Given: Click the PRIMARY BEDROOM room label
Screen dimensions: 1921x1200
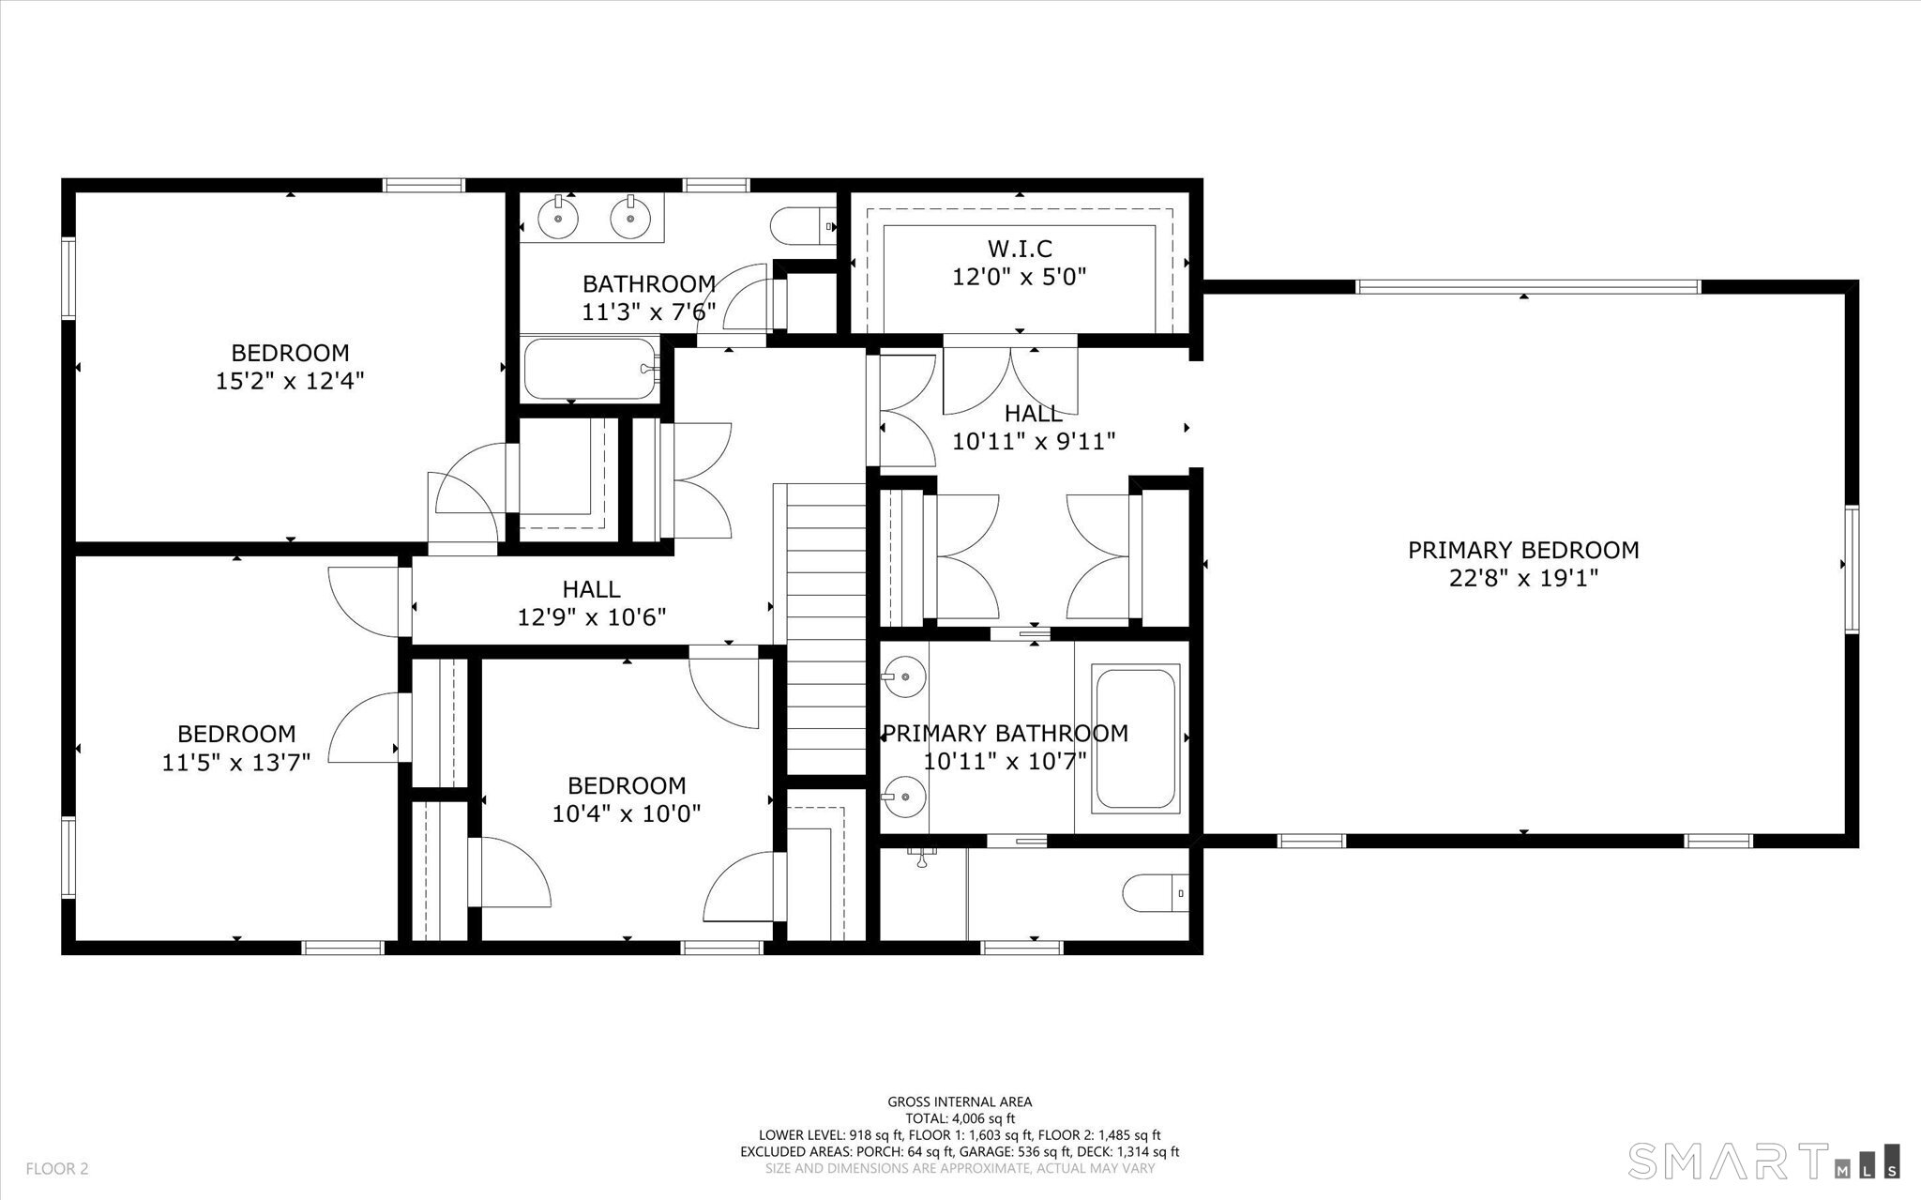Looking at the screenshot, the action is click(x=1523, y=550).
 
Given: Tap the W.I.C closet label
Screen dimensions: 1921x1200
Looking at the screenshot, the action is click(x=1020, y=249).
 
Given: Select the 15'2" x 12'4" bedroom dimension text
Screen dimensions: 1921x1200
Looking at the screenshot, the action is click(x=290, y=381).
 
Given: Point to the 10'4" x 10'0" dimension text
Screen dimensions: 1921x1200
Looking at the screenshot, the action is click(x=627, y=813).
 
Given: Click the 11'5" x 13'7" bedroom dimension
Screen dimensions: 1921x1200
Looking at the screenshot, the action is click(x=236, y=762).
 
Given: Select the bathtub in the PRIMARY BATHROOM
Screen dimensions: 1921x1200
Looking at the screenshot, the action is click(x=1136, y=737).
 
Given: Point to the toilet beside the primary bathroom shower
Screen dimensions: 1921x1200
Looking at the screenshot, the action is click(x=1157, y=892).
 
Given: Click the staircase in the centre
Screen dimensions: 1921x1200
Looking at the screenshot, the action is click(x=825, y=629).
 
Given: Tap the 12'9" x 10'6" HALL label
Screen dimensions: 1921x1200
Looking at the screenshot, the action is click(x=592, y=603).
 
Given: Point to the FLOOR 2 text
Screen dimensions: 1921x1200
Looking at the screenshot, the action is click(x=57, y=1169).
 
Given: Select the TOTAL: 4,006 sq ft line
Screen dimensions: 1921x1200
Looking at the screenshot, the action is click(x=960, y=1118).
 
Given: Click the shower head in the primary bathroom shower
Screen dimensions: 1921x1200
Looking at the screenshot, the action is click(x=922, y=857).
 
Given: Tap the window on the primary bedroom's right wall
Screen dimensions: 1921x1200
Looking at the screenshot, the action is click(x=1852, y=570).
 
